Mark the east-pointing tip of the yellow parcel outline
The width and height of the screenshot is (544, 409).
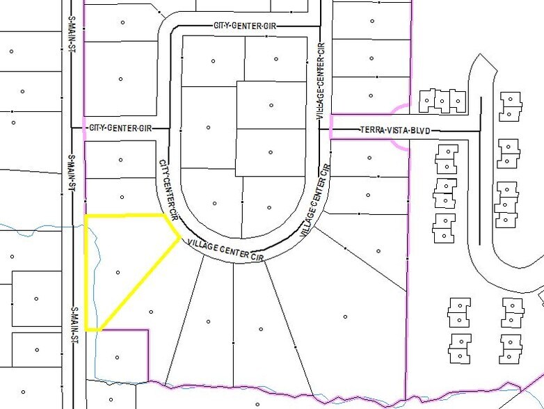click(180, 237)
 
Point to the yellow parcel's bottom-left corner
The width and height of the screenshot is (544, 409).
click(86, 329)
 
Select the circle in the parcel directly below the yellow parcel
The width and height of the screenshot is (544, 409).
click(118, 358)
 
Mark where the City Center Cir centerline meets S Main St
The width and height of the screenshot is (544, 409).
click(72, 128)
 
